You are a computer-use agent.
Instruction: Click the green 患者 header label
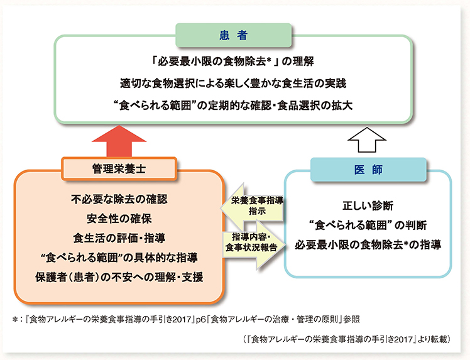[233, 35]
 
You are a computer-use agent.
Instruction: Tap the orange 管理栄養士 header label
[119, 169]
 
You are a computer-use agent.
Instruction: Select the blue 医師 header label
[368, 170]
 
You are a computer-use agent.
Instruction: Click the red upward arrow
[119, 141]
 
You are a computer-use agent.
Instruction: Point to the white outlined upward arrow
[367, 140]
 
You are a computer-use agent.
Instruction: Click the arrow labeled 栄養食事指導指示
[253, 206]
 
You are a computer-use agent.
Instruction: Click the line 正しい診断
[368, 206]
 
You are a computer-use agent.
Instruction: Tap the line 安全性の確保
[119, 219]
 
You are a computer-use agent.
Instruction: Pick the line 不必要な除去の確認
[119, 199]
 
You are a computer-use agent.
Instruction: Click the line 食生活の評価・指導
[119, 238]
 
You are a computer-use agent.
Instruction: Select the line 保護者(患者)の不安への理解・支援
[119, 277]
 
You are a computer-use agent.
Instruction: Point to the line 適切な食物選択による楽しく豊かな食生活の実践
[233, 83]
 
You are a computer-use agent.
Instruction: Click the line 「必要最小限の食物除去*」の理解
[233, 61]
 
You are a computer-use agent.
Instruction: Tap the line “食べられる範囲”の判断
[368, 225]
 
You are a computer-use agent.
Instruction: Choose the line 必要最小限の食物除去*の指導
[368, 244]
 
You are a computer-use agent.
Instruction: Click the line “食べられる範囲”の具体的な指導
[119, 258]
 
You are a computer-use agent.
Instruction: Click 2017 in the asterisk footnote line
[182, 320]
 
